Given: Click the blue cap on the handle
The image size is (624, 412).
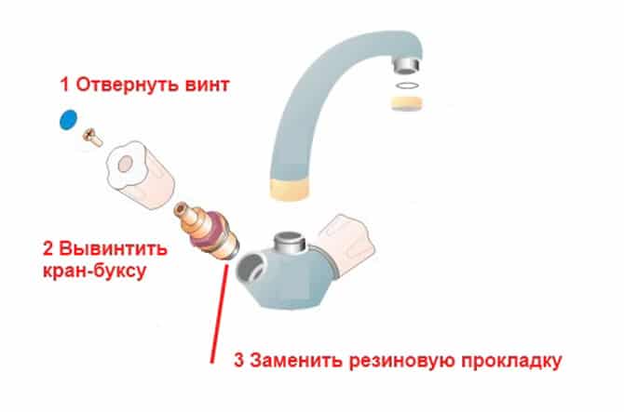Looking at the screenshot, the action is pyautogui.click(x=68, y=119).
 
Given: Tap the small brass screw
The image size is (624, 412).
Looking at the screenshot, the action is pyautogui.click(x=92, y=138).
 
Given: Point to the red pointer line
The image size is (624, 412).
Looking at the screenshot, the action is pyautogui.click(x=219, y=313).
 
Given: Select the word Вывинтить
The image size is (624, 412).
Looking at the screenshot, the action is pyautogui.click(x=113, y=249).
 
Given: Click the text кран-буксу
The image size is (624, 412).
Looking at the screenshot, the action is pyautogui.click(x=94, y=272).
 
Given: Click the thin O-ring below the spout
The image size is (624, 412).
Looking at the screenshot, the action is pyautogui.click(x=407, y=85).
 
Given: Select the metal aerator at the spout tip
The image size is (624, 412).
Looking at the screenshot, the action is pyautogui.click(x=406, y=64).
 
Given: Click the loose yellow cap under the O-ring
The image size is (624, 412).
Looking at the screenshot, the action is pyautogui.click(x=406, y=103).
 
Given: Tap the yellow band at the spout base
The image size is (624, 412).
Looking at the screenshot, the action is pyautogui.click(x=290, y=189).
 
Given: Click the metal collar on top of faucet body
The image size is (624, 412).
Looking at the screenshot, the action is pyautogui.click(x=290, y=240).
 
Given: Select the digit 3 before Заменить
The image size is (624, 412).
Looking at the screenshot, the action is pyautogui.click(x=238, y=360).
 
